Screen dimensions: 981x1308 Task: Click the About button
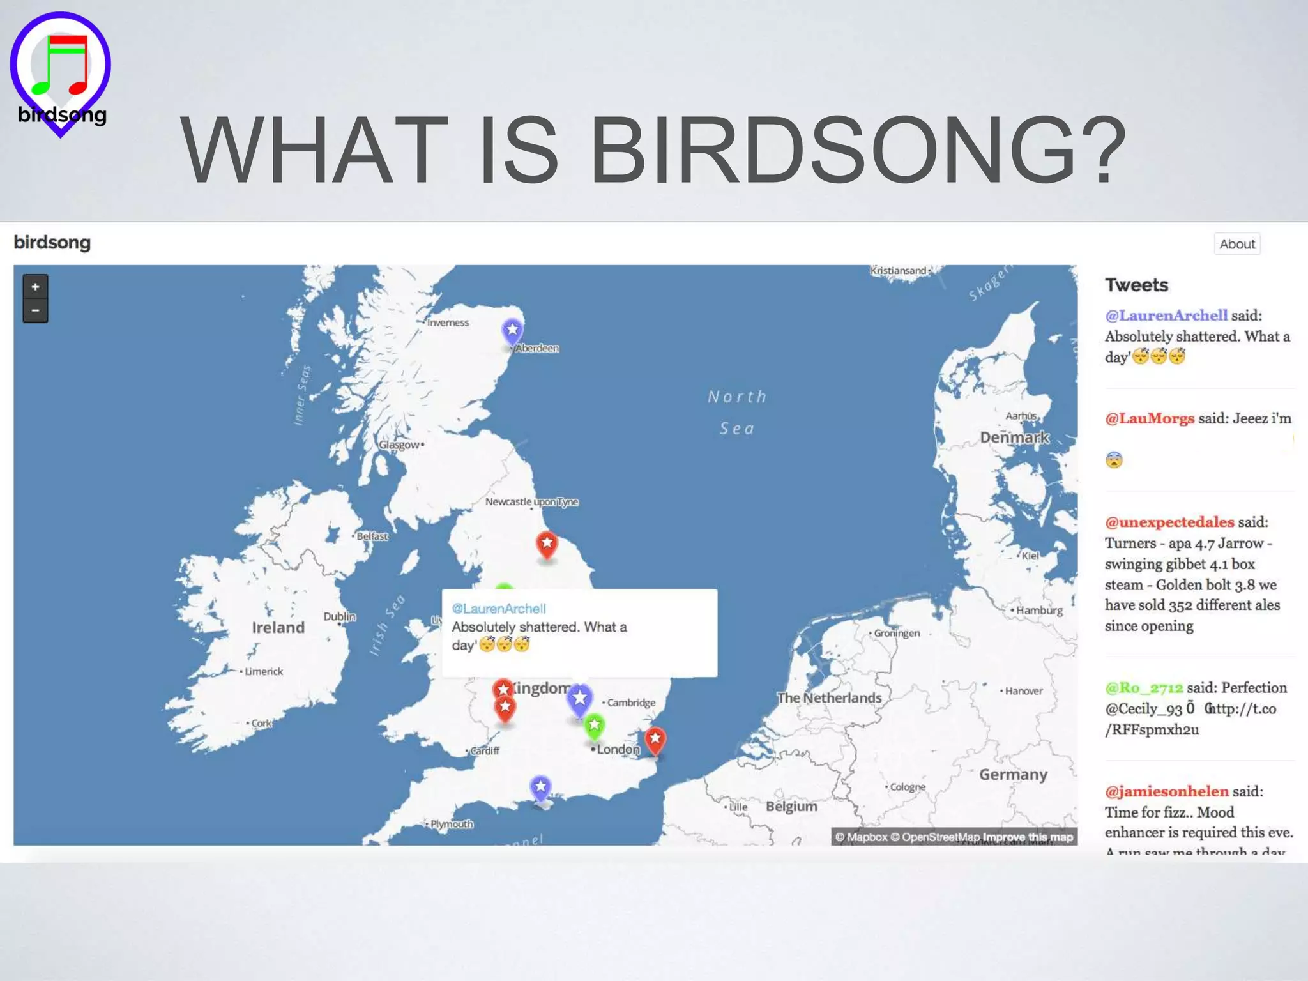pyautogui.click(x=1236, y=244)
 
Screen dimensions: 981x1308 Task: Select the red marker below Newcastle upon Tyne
pyautogui.click(x=547, y=544)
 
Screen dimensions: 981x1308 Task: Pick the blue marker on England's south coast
pyautogui.click(x=540, y=787)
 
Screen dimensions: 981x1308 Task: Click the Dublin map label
pyautogui.click(x=339, y=616)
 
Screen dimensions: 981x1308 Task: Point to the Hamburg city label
pyautogui.click(x=1039, y=610)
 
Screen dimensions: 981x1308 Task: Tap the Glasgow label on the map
pyautogui.click(x=399, y=445)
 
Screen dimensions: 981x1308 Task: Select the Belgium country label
pyautogui.click(x=791, y=806)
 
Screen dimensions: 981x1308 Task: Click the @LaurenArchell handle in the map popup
pyautogui.click(x=499, y=609)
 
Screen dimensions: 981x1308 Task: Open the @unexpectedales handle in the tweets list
pyautogui.click(x=1169, y=522)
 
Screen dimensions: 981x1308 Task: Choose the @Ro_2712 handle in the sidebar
pyautogui.click(x=1144, y=688)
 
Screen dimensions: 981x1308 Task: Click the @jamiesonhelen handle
pyautogui.click(x=1167, y=791)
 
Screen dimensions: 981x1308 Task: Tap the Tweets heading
pyautogui.click(x=1136, y=285)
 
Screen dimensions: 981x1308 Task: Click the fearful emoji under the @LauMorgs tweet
pyautogui.click(x=1114, y=460)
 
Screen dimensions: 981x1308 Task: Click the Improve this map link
pyautogui.click(x=1028, y=837)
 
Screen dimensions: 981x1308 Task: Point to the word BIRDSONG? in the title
pyautogui.click(x=857, y=150)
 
